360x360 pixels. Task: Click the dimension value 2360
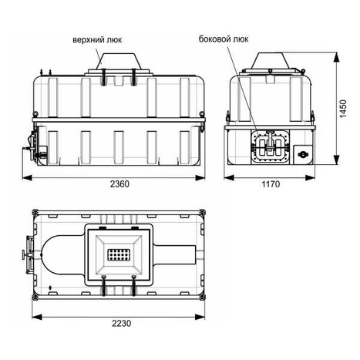click(x=119, y=184)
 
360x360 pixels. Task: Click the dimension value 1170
click(x=271, y=184)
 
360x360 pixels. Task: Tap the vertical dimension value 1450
click(x=343, y=109)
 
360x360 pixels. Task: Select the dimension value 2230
click(x=121, y=323)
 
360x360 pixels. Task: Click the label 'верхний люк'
click(x=97, y=40)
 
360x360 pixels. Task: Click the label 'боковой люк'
click(x=224, y=39)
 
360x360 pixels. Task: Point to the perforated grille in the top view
click(x=119, y=254)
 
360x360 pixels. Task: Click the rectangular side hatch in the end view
click(x=270, y=146)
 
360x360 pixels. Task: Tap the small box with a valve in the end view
click(x=303, y=154)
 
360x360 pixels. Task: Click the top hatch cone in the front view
click(x=119, y=62)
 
